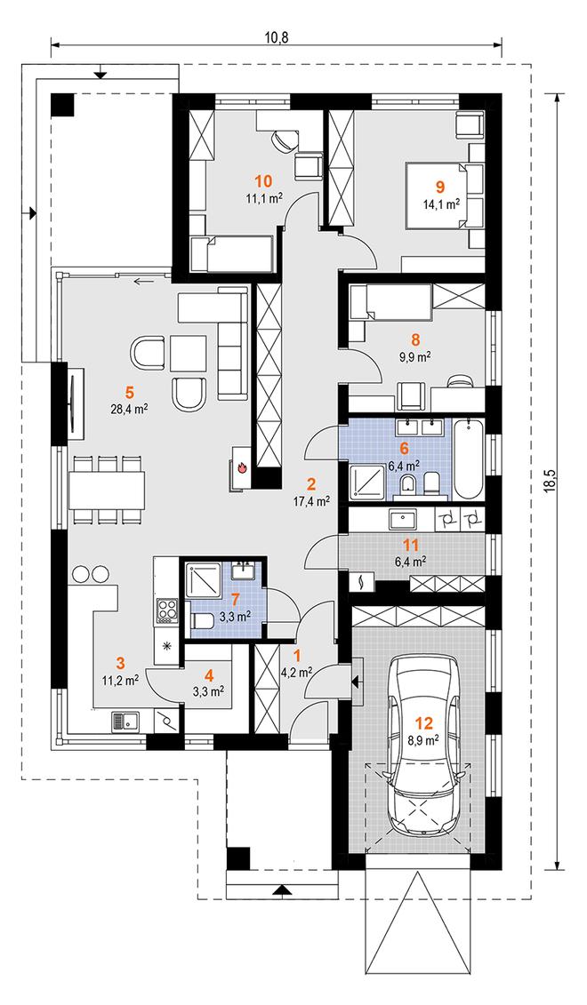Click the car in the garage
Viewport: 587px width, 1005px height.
click(424, 745)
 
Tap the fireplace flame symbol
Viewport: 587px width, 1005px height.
click(243, 467)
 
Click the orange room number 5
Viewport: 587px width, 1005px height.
click(129, 391)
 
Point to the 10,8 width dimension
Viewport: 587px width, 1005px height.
click(277, 36)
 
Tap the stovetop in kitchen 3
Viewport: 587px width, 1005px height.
click(167, 610)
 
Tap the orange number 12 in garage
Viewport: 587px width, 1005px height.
click(424, 723)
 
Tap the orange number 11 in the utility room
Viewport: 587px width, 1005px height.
click(411, 546)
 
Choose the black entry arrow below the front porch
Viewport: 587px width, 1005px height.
click(280, 889)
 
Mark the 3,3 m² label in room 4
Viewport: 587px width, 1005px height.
click(208, 690)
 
